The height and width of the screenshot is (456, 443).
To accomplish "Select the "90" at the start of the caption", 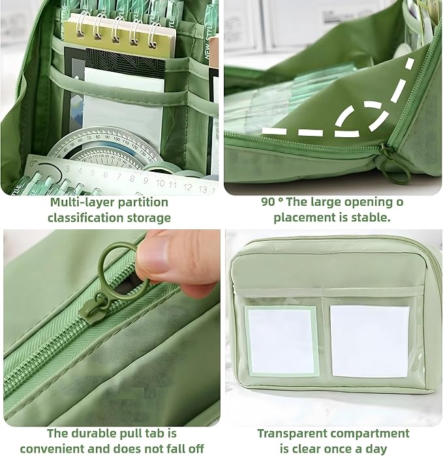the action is pyautogui.click(x=267, y=201).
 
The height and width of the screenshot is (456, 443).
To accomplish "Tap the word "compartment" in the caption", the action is pyautogui.click(x=369, y=434).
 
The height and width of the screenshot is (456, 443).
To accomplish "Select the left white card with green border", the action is pyautogui.click(x=281, y=341).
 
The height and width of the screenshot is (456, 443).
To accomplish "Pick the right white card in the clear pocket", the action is pyautogui.click(x=369, y=341).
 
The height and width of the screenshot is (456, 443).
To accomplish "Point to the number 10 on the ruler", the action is pyautogui.click(x=160, y=183).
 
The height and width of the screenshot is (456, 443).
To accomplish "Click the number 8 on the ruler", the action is pyautogui.click(x=132, y=178).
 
